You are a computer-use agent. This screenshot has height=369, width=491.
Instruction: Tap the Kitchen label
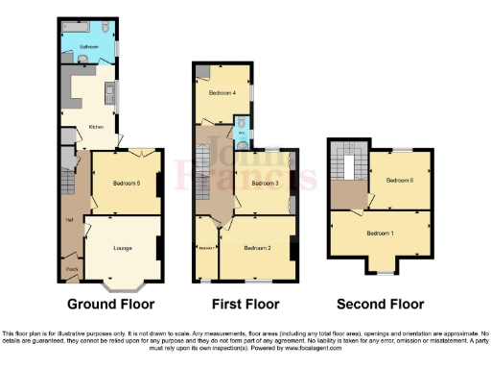96,126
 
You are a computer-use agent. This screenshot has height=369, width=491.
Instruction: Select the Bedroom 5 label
127,182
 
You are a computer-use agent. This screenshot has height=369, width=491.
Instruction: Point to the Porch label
71,269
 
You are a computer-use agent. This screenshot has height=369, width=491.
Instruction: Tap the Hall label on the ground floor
69,219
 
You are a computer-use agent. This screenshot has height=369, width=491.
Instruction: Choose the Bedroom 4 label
223,92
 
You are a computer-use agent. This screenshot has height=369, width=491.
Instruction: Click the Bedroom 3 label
265,183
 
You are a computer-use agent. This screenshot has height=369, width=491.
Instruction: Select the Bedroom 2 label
257,248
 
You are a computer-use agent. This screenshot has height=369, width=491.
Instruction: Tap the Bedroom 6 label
400,180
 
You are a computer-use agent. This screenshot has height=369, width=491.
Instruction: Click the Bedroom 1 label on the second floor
380,233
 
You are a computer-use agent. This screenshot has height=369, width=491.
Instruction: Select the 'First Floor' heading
245,305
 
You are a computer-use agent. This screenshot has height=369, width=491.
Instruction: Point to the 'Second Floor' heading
381,305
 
